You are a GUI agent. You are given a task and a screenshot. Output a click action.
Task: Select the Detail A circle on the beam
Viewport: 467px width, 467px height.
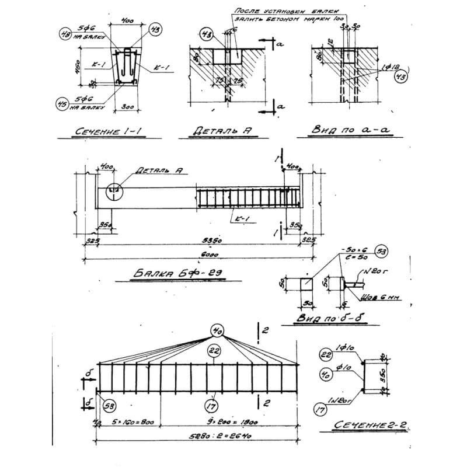point(113,190)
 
